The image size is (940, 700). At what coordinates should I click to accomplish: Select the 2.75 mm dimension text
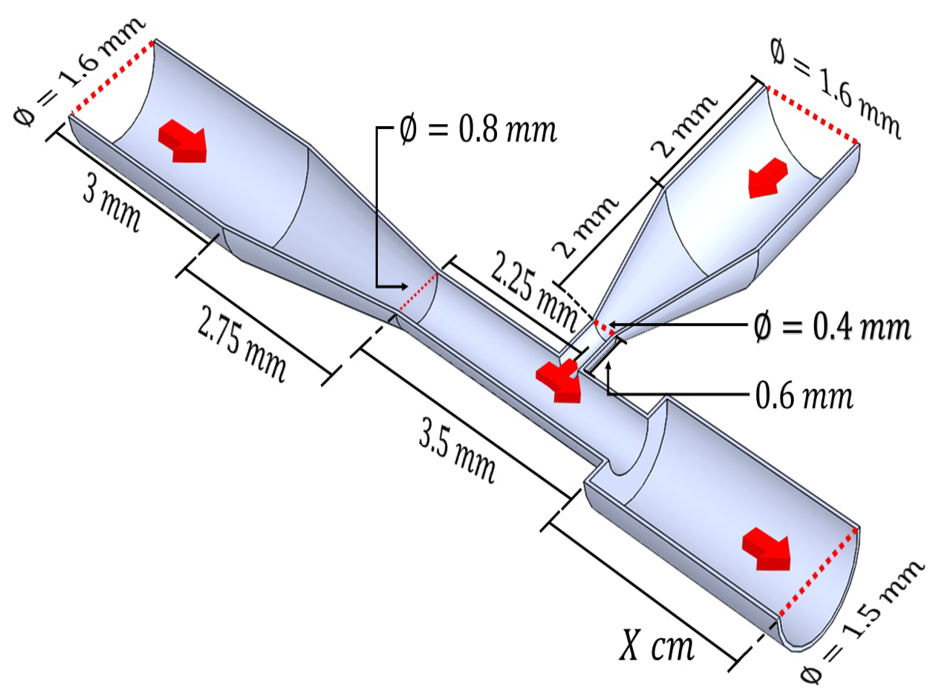click(x=241, y=343)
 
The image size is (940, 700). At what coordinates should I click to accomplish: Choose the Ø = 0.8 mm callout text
click(x=478, y=130)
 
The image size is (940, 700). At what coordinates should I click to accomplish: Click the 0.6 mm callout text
click(x=804, y=395)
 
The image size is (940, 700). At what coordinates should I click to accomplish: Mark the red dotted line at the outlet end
click(x=818, y=572)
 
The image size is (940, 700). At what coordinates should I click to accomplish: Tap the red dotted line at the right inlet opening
click(x=812, y=115)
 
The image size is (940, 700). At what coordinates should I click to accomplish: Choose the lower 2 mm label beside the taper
click(x=586, y=227)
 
